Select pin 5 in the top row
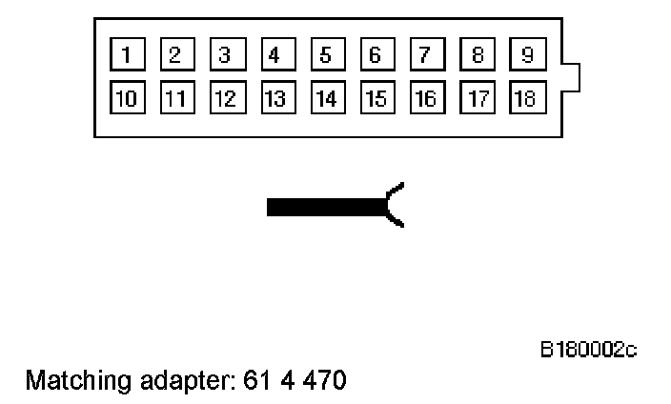pos(326,53)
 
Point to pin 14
pos(326,97)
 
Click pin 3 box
pos(225,53)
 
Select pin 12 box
pos(225,97)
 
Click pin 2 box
pos(174,53)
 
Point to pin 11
pos(174,97)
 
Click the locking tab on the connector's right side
pos(570,77)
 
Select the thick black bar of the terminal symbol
pos(324,206)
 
